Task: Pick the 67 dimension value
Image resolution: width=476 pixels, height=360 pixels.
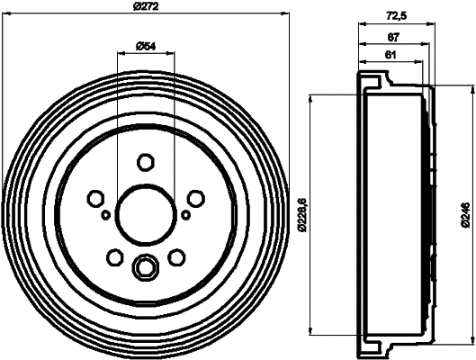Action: coord(394,38)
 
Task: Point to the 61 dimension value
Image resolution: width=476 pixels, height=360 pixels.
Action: coord(390,56)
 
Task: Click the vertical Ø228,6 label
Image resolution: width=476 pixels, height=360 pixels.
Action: coord(304,212)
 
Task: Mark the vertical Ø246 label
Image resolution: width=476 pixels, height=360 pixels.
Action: coord(466,212)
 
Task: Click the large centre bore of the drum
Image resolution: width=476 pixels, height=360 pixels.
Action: coord(145,214)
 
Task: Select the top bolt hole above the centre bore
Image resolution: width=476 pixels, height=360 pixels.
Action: coord(145,161)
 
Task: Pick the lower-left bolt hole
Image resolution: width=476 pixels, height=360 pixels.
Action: coord(113,258)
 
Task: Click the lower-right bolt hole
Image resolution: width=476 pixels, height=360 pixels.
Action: coord(177,258)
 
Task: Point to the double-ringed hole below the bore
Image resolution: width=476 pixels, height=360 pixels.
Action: coord(145,266)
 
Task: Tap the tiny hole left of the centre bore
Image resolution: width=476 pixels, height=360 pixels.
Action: coord(105,215)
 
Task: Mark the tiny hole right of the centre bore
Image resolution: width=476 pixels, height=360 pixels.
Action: coord(185,214)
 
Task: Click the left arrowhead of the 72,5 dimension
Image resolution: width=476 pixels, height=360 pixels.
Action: coord(361,24)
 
